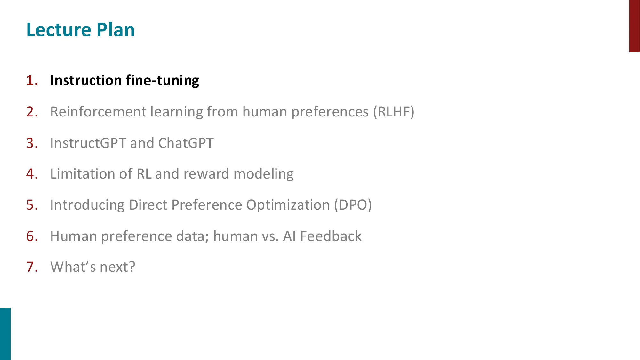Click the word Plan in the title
116,30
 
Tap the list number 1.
32,80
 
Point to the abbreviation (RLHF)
394,112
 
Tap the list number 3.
32,143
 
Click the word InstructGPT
88,143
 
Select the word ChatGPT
186,143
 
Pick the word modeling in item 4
263,174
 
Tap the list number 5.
32,205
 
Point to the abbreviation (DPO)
353,205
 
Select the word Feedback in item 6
331,236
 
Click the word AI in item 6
289,236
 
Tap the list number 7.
32,267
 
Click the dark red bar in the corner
635,26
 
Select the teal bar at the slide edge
5,334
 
